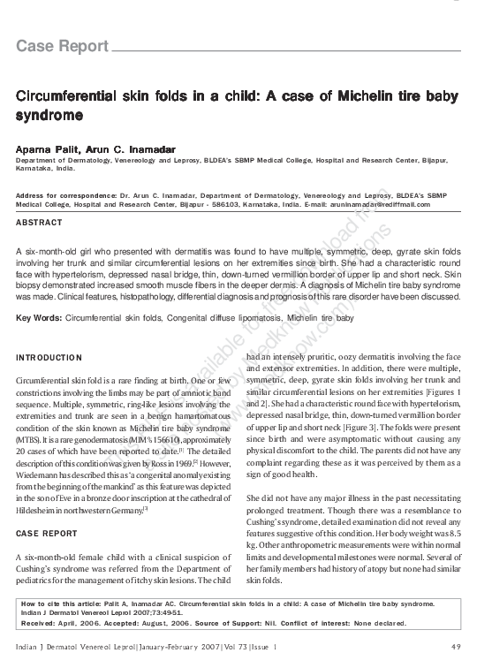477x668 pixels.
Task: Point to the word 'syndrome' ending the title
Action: tap(50, 116)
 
